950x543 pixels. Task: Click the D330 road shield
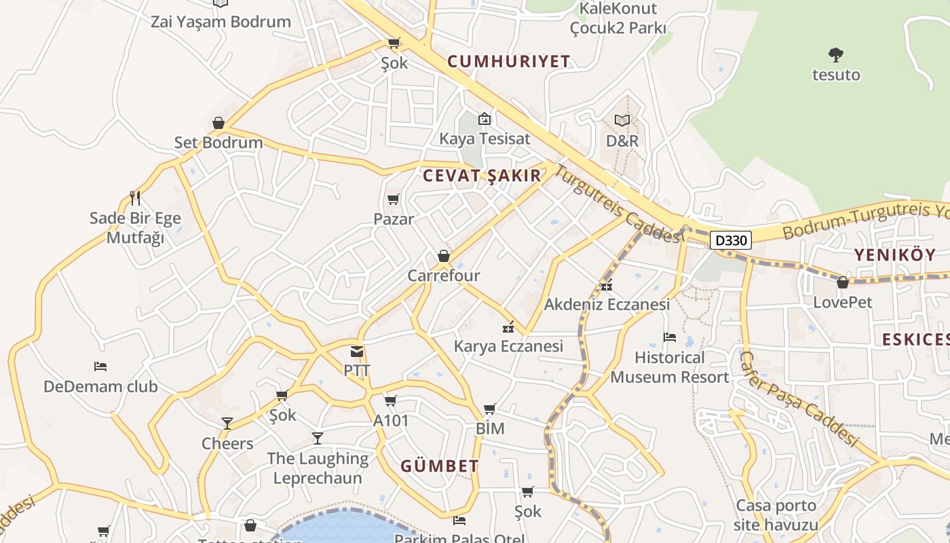pos(731,240)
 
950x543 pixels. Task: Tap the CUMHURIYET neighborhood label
pos(509,62)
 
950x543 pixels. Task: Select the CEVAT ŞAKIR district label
pos(482,176)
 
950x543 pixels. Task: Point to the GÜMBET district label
pos(440,466)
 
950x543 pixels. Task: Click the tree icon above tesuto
pos(836,54)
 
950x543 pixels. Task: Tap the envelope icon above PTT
pos(357,352)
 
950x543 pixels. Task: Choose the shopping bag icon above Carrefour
pos(444,256)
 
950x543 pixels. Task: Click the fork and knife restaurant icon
pos(135,198)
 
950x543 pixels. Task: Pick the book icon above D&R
pos(622,120)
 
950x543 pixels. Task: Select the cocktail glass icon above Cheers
pos(227,424)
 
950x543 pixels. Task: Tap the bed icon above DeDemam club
pos(100,367)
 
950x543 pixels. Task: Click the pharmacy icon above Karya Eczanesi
pos(508,327)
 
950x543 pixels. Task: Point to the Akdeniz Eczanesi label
pos(607,304)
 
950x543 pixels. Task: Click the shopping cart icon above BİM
pos(489,409)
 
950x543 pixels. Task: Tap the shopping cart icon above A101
pos(391,401)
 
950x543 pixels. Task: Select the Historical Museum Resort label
pos(669,367)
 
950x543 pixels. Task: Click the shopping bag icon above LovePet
pos(843,282)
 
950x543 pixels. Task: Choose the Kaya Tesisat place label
pos(484,139)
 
